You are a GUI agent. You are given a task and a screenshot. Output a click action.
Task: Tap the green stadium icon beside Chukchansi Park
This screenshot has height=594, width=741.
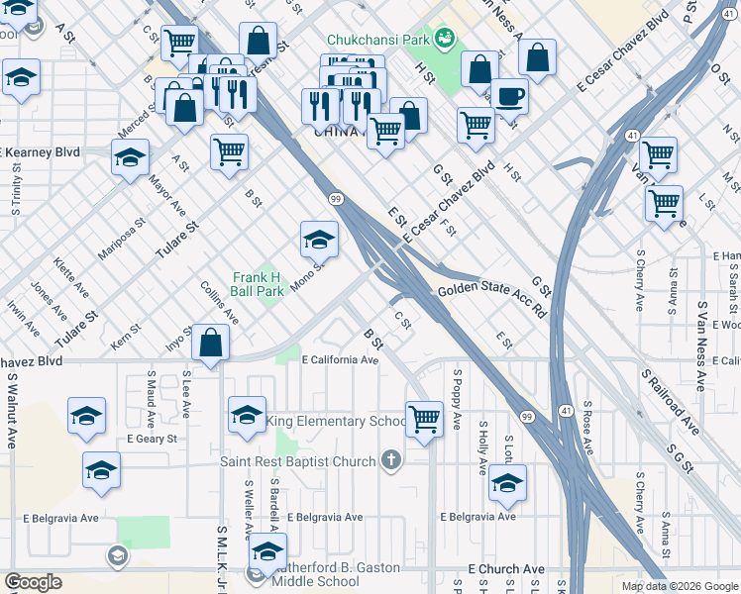pos(444,39)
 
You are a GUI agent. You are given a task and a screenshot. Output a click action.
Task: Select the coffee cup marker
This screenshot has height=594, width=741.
pos(509,97)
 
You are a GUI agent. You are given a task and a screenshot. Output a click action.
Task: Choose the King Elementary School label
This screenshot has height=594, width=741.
pos(335,422)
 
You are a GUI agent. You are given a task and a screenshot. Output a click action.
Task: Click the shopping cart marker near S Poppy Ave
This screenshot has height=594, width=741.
pos(424,418)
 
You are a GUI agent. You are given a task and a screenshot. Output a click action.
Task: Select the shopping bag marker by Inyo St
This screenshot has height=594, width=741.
pos(211,343)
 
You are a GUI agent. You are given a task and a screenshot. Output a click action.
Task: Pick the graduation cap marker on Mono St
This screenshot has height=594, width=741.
pos(319,239)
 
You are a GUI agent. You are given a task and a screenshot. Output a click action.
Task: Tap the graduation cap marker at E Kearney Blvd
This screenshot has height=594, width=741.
pos(130,156)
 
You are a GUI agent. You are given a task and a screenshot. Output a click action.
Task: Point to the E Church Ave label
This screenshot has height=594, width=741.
pos(506,569)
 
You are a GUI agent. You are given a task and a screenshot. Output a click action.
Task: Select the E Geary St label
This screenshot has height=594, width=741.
pos(151,439)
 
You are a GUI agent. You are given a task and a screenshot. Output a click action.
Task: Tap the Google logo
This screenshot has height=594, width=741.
pos(34,582)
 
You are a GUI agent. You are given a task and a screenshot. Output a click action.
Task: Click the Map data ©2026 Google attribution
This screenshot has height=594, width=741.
pos(679,586)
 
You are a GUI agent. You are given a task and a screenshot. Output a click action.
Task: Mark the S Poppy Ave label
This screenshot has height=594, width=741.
pos(457,400)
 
